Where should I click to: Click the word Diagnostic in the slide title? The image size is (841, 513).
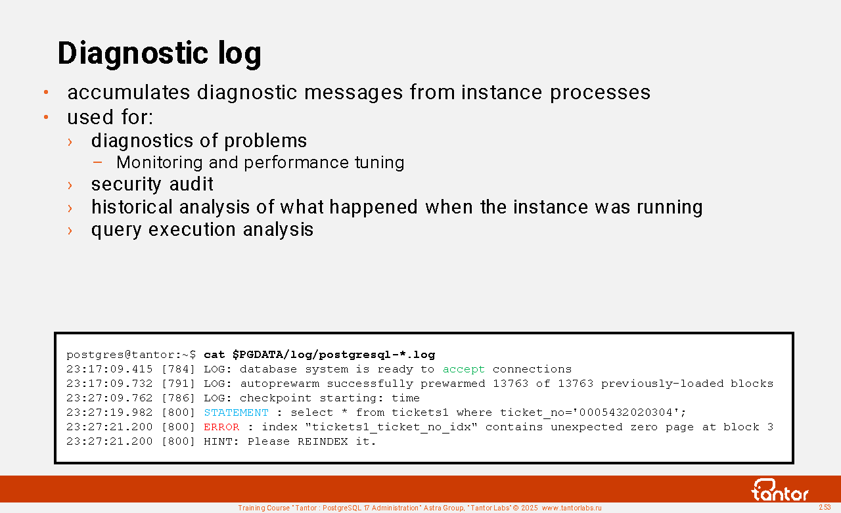click(x=133, y=53)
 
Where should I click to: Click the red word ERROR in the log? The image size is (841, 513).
click(x=221, y=427)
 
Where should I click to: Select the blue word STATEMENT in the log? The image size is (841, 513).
click(x=236, y=413)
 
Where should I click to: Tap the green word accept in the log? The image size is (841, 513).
click(x=464, y=369)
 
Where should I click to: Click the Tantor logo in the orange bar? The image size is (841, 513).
click(x=779, y=490)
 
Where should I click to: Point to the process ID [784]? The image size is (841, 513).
click(x=178, y=369)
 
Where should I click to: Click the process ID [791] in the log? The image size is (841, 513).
click(x=178, y=384)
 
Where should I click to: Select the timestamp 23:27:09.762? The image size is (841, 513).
click(x=110, y=398)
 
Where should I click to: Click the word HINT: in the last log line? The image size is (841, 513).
click(x=221, y=441)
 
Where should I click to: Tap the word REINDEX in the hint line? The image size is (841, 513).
click(x=323, y=441)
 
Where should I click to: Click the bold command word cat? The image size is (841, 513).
click(x=214, y=355)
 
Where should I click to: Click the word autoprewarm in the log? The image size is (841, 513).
click(x=280, y=384)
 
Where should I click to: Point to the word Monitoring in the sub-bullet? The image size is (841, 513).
click(x=160, y=162)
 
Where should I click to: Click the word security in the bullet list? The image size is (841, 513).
click(x=126, y=185)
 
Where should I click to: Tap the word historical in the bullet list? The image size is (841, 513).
click(x=132, y=207)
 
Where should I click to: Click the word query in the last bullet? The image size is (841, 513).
click(x=116, y=230)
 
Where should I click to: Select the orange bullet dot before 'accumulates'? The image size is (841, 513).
click(x=46, y=93)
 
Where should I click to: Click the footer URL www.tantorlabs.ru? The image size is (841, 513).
click(x=572, y=508)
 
